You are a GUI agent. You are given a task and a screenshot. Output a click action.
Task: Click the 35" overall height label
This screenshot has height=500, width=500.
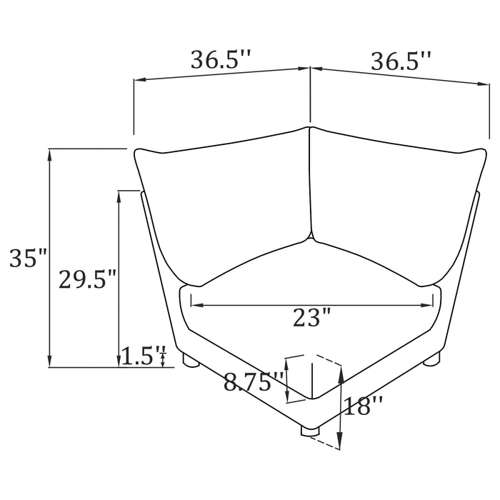click(x=28, y=258)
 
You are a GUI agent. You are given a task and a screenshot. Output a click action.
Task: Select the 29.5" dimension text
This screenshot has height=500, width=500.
click(x=87, y=279)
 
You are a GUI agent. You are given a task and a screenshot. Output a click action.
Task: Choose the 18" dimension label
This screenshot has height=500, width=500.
click(x=364, y=406)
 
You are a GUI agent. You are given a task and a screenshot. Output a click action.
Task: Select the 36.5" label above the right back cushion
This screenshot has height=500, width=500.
click(x=401, y=62)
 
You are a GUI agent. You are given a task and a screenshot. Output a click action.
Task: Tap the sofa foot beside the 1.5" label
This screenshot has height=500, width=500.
click(x=191, y=360)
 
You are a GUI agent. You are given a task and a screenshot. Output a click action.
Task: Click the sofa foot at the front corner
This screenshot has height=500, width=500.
click(x=309, y=430)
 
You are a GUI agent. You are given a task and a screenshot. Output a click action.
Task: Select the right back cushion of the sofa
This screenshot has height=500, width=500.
click(x=389, y=196)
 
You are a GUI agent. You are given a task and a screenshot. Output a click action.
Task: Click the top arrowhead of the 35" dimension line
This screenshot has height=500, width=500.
click(x=49, y=152)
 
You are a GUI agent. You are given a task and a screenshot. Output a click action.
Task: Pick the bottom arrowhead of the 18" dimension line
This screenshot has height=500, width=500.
click(x=341, y=442)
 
